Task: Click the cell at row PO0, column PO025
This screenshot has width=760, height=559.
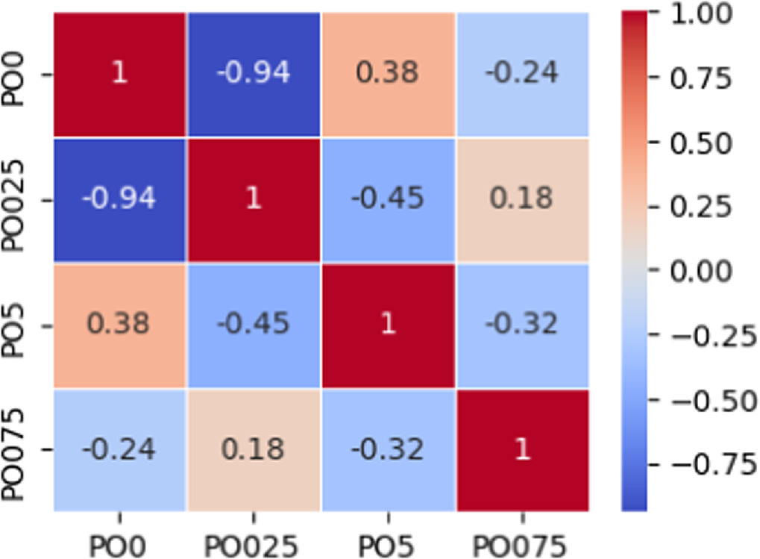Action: point(254,75)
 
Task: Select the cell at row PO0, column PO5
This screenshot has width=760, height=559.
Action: point(388,75)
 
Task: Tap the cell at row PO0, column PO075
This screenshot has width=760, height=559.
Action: point(522,75)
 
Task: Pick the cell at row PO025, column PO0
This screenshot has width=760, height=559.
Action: point(119,200)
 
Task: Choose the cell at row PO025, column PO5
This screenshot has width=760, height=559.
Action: point(388,200)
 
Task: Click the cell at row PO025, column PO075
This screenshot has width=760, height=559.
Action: point(522,200)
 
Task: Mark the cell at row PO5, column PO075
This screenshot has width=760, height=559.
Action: point(522,325)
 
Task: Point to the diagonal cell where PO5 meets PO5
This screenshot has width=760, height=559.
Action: point(388,325)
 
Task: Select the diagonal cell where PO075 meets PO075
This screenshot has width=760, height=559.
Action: point(522,450)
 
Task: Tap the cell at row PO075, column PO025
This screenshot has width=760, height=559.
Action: point(254,450)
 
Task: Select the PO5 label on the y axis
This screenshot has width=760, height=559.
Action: point(16,325)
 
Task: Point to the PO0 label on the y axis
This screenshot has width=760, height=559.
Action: point(16,75)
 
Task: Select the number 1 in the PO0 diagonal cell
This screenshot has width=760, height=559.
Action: point(119,75)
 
